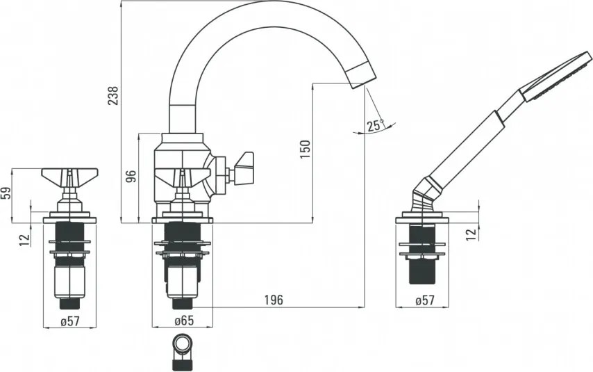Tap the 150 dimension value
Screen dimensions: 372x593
click(x=305, y=149)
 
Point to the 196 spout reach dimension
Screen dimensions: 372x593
click(x=274, y=300)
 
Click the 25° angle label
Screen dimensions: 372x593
click(x=376, y=125)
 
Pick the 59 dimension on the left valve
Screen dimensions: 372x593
click(x=6, y=193)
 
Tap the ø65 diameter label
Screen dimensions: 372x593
click(x=183, y=321)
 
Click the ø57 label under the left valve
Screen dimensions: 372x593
click(x=69, y=321)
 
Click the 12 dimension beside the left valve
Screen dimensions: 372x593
click(x=25, y=238)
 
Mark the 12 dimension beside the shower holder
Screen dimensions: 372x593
click(x=471, y=234)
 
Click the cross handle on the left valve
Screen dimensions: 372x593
click(x=69, y=174)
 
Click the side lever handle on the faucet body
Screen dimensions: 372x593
click(x=244, y=168)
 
